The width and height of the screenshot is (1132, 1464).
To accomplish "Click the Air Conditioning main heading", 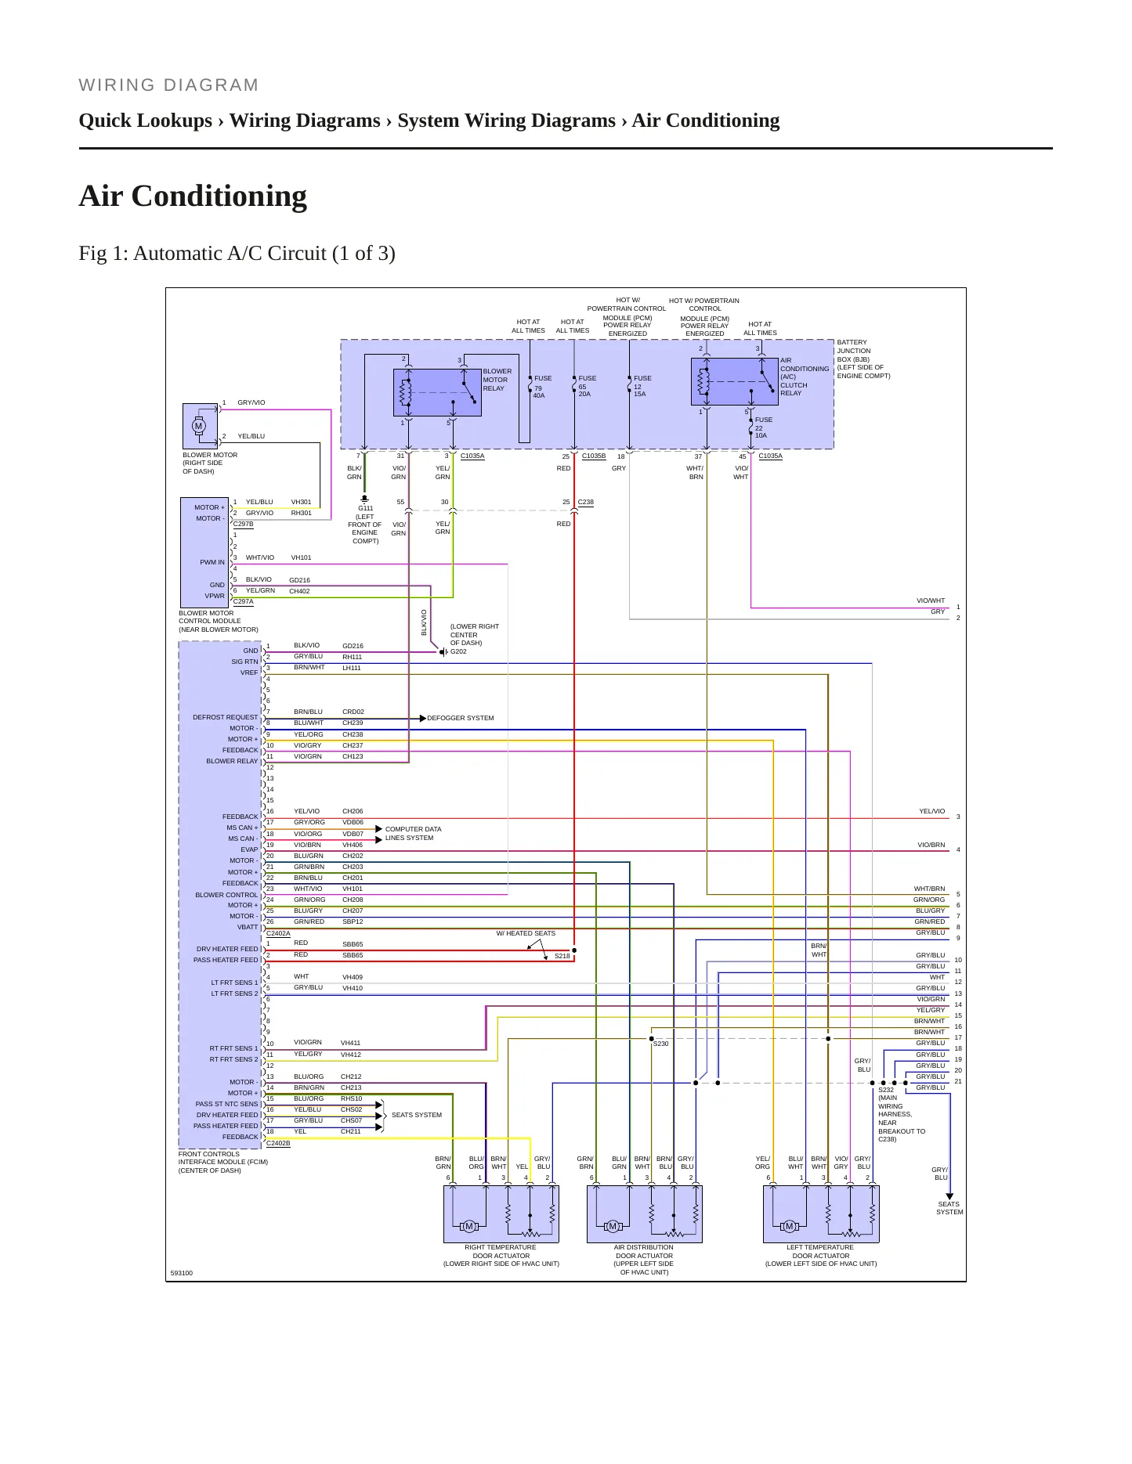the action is (193, 196).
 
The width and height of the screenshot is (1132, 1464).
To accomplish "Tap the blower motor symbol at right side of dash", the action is (199, 426).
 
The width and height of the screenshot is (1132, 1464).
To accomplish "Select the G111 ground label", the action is (365, 508).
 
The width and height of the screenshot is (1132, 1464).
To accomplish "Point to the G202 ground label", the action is (458, 651).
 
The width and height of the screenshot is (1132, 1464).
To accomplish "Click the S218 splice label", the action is (562, 956).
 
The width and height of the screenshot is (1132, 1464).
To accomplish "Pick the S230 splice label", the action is (661, 1044).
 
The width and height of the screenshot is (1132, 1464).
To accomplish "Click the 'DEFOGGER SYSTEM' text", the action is (461, 718).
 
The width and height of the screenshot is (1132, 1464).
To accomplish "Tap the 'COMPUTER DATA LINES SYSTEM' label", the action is (413, 833).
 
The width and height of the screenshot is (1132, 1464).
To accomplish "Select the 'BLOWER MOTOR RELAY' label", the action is (497, 380).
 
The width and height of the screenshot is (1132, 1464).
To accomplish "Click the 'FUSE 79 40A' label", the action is (542, 387).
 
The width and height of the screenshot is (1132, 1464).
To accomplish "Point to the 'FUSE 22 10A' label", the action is (763, 427).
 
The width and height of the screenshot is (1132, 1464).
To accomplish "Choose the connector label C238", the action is (586, 502).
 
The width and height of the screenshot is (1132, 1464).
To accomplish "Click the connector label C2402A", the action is (278, 933).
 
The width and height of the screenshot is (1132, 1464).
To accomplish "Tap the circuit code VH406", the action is (353, 845).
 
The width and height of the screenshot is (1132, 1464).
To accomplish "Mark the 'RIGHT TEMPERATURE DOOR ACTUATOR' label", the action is (501, 1256).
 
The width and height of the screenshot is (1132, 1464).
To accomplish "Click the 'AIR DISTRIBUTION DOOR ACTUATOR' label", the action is (644, 1260).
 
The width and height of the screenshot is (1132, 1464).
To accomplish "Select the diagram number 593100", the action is (182, 1273).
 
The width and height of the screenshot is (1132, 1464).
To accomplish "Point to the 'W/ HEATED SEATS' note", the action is (526, 933).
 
